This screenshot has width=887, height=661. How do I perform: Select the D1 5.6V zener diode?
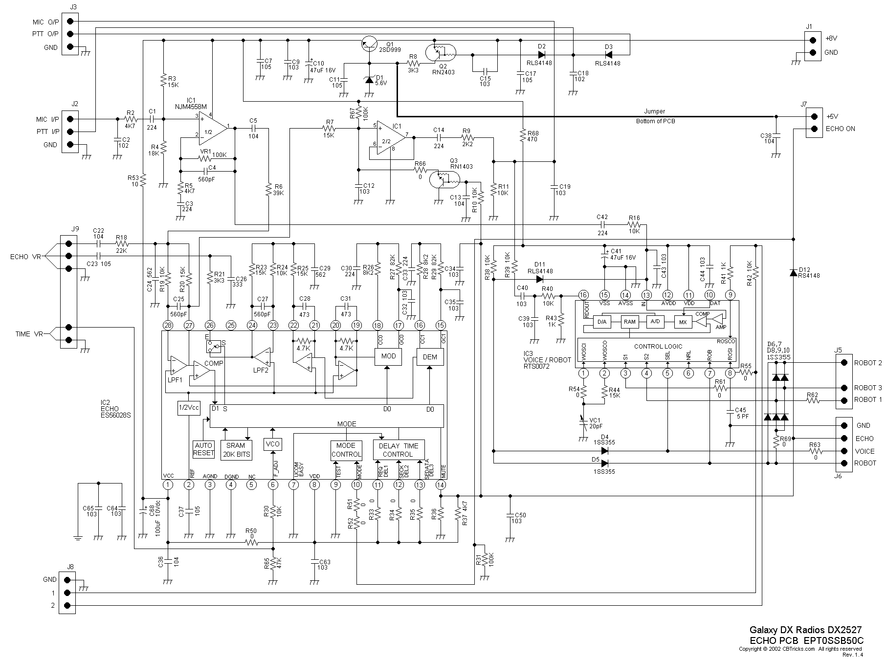point(369,80)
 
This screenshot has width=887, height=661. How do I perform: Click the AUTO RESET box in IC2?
point(203,449)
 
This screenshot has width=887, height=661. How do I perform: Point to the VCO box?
point(272,444)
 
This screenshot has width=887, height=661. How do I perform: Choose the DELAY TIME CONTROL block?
point(399,450)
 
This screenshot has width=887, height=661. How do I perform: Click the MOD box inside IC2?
point(388,356)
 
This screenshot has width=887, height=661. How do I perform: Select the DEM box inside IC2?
point(430,357)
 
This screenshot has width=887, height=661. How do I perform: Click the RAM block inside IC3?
point(630,322)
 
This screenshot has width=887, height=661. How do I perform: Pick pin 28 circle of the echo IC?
point(168,325)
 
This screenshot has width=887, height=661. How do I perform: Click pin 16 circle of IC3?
point(583,295)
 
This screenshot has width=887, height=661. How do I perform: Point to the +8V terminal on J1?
point(813,40)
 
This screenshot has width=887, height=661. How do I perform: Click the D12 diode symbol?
point(793,272)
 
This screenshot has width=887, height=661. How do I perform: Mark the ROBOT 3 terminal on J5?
point(843,388)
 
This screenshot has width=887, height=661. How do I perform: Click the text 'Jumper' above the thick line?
point(654,111)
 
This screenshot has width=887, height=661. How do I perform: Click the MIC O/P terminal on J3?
point(71,21)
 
